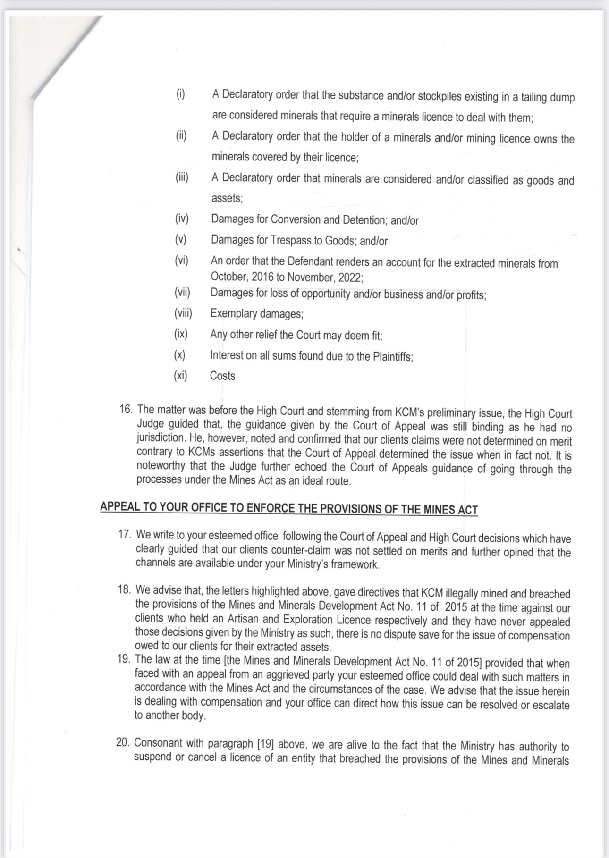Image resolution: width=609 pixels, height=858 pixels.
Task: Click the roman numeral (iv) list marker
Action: pos(182,219)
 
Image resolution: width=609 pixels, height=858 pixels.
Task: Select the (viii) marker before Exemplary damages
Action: pos(183,313)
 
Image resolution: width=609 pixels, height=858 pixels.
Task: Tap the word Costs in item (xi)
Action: pos(222,376)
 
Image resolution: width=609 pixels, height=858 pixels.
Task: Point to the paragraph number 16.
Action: pos(126,409)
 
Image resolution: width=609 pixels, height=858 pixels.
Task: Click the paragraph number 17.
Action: pos(124,535)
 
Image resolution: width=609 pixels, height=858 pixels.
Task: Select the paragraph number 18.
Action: pos(124,590)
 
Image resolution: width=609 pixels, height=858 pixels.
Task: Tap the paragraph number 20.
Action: pos(123,742)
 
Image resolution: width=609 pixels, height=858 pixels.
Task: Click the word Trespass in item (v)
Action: pos(290,240)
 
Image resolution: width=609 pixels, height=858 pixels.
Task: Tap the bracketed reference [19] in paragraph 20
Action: pos(265,744)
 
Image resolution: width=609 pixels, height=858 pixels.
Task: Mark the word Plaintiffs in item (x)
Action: pos(392,357)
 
